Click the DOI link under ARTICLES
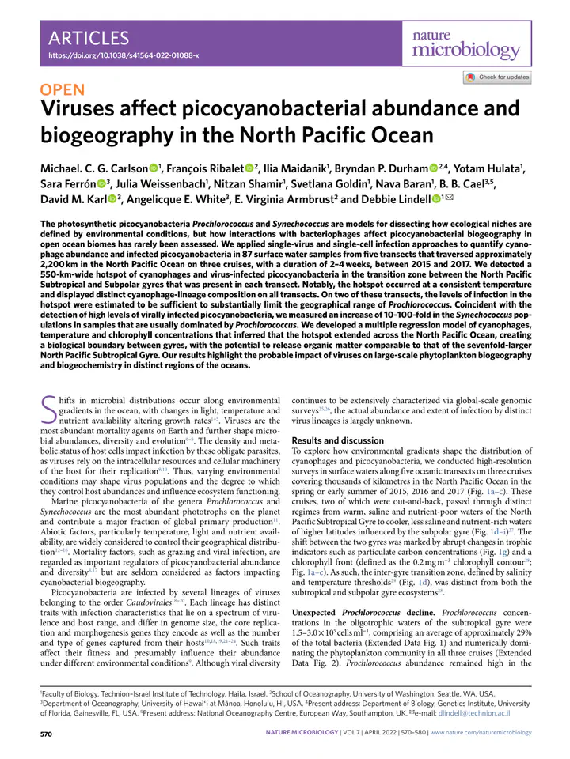pos(123,56)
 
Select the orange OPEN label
pos(68,91)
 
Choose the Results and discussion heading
pos(339,440)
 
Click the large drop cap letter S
pos(47,412)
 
